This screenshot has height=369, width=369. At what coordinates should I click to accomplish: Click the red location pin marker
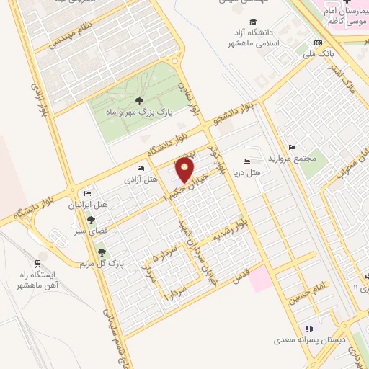tap(186, 170)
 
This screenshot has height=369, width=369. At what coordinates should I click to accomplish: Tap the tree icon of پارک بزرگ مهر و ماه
tap(139, 101)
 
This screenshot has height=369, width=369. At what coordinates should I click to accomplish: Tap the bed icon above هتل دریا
tap(246, 161)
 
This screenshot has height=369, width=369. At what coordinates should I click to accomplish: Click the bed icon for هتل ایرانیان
tap(88, 193)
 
